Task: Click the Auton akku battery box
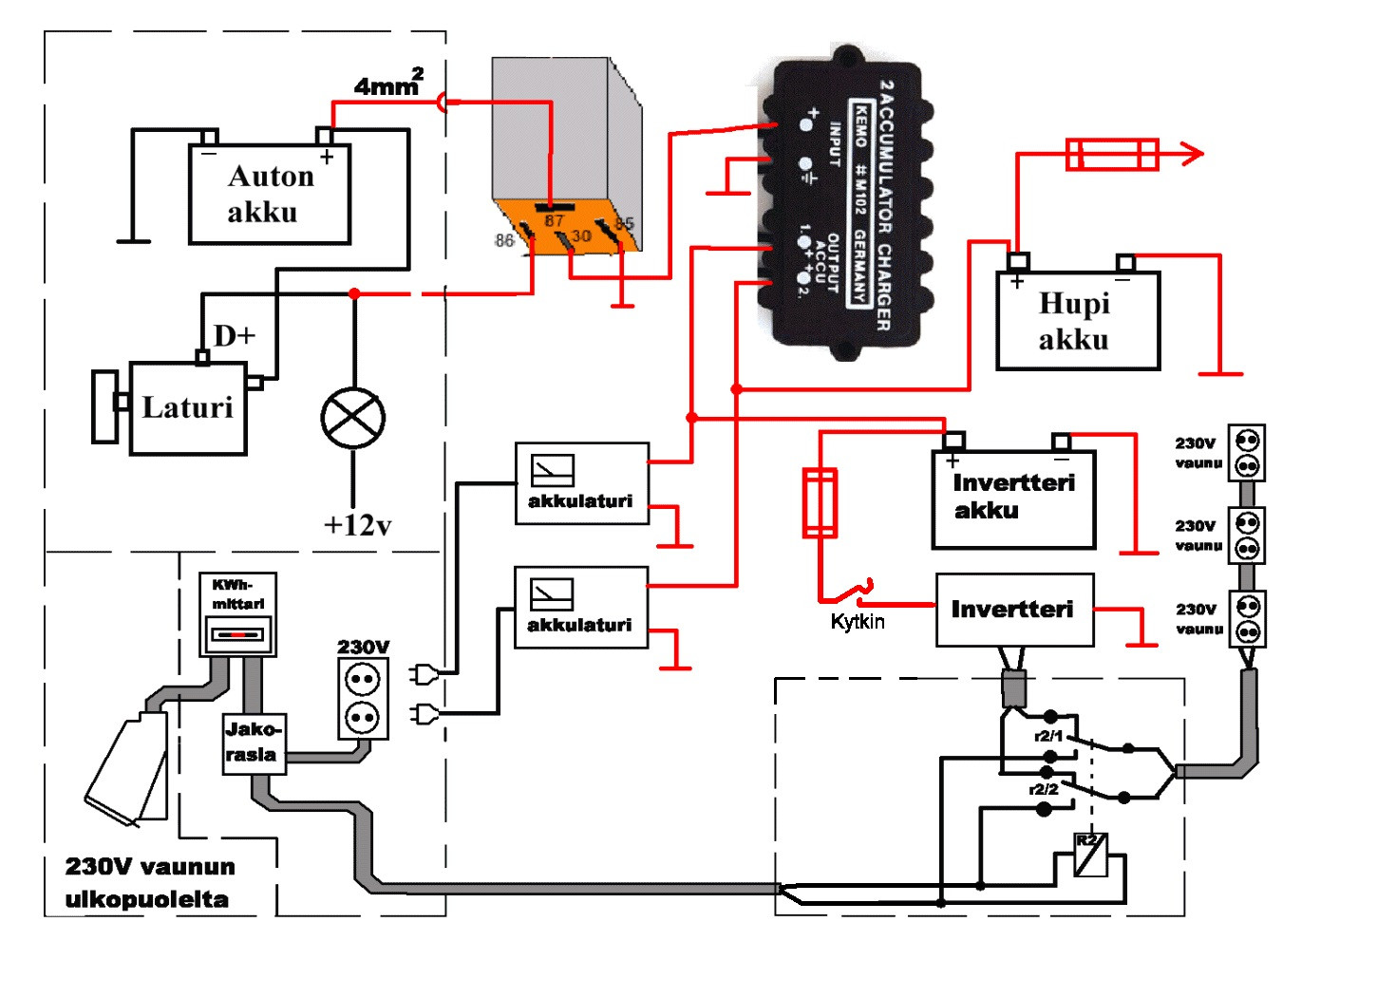point(270,195)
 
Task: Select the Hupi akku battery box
point(1078,321)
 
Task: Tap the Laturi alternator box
point(187,407)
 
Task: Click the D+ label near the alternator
point(234,336)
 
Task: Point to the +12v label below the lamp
point(357,525)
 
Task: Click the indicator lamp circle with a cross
point(353,418)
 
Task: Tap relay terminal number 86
point(504,241)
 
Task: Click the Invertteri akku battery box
point(1013,498)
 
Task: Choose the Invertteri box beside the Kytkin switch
point(1014,610)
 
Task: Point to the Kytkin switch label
point(858,622)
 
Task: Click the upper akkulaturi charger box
point(581,483)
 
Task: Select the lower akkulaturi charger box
point(580,608)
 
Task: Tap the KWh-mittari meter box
point(237,613)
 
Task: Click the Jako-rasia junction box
point(252,743)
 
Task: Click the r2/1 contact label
point(1048,736)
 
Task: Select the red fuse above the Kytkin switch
point(820,502)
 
